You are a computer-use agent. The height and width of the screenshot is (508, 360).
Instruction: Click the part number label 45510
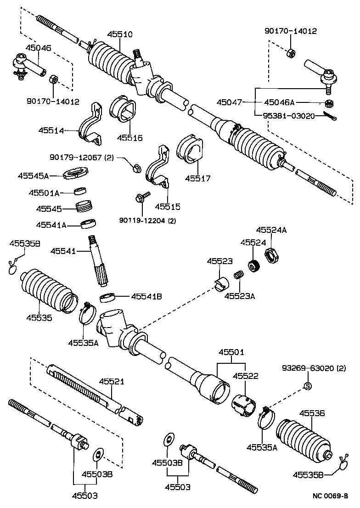click(120, 34)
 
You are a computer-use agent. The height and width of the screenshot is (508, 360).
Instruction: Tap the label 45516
click(129, 138)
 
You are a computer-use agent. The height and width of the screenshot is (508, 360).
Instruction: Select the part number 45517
click(197, 178)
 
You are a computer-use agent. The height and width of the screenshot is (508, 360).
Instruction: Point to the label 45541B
click(146, 296)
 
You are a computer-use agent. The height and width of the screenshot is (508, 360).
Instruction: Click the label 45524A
click(271, 230)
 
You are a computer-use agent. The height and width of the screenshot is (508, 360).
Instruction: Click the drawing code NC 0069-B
click(331, 496)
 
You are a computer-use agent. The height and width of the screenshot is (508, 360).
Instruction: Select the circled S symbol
click(308, 386)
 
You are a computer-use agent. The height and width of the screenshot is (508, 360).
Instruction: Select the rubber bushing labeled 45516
click(123, 108)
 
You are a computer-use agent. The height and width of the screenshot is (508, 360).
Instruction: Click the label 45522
click(246, 376)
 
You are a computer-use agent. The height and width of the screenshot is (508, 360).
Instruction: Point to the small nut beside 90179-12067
click(137, 168)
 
